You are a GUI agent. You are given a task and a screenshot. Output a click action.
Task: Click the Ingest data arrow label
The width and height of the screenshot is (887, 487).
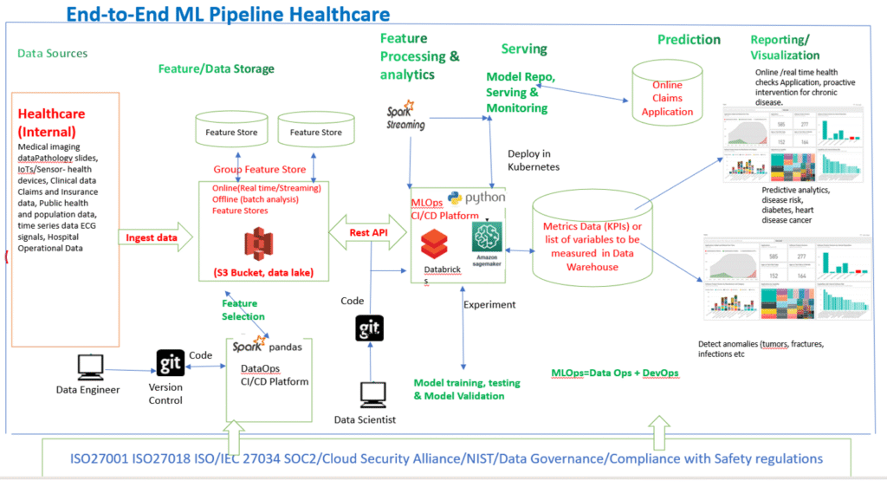[152, 237]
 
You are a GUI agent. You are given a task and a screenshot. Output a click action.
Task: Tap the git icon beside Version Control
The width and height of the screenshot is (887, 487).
[170, 362]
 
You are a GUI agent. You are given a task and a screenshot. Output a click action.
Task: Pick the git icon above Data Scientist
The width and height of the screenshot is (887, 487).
[370, 328]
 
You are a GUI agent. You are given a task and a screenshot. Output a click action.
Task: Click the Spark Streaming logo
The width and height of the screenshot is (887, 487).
[405, 117]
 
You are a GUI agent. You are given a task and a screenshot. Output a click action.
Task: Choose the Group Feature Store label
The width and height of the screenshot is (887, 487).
[259, 170]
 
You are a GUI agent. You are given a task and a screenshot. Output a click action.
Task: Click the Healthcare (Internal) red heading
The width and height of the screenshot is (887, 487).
[52, 123]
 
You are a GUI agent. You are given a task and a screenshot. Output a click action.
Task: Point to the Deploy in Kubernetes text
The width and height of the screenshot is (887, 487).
[534, 159]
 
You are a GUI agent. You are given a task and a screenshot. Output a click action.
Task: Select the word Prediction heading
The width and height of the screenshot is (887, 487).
[689, 40]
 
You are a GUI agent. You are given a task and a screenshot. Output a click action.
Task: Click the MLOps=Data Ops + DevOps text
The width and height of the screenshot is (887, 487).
[615, 373]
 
